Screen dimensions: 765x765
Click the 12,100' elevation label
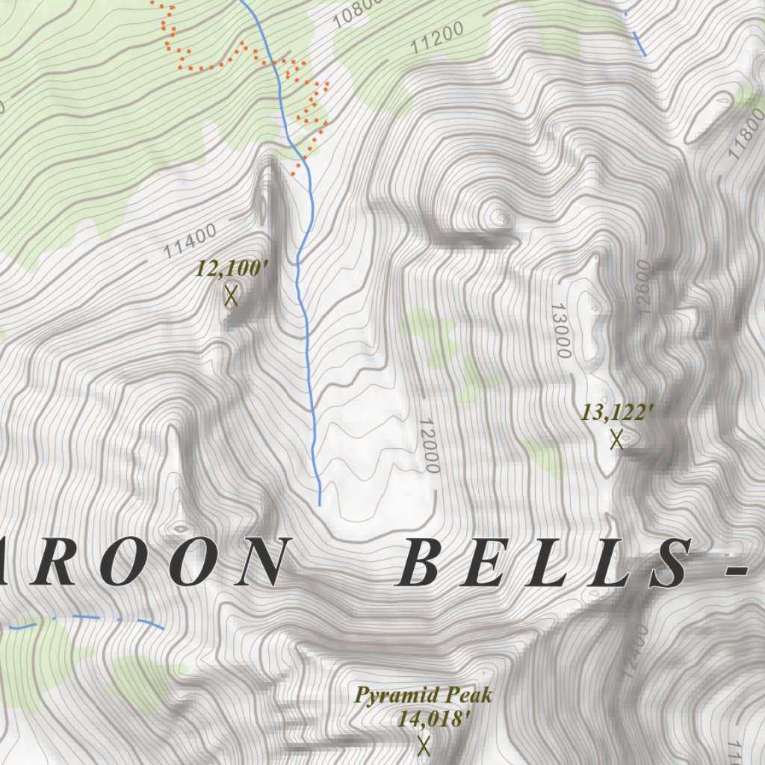pyautogui.click(x=231, y=269)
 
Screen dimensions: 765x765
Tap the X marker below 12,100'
pyautogui.click(x=231, y=296)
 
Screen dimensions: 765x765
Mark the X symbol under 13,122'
pyautogui.click(x=616, y=439)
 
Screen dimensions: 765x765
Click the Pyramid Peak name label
pyautogui.click(x=424, y=696)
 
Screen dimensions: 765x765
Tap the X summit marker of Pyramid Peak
pyautogui.click(x=424, y=745)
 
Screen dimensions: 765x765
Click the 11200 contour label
pyautogui.click(x=437, y=37)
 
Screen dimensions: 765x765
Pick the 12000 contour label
pyautogui.click(x=428, y=445)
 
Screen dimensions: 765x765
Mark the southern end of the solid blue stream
pyautogui.click(x=320, y=504)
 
